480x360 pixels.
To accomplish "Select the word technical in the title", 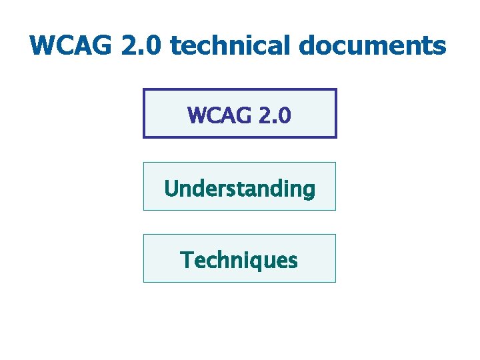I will coord(233,46).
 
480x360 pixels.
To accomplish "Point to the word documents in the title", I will coord(373,46).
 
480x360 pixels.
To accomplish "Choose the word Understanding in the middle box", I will coord(239,189).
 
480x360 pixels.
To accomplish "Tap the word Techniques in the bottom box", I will coord(239,260).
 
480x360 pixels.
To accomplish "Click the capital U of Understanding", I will coord(171,189).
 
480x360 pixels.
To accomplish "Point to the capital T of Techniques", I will coord(187,259).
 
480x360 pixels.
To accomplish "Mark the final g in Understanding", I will coord(308,191).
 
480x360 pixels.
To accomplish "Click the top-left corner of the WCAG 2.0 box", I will coord(144,89).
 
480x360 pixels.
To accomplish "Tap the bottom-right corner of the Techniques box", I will coord(335,282).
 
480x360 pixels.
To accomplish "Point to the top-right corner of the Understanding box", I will coord(335,163).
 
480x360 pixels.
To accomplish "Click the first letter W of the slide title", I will coord(41,46).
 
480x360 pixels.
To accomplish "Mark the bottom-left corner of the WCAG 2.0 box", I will coord(144,137).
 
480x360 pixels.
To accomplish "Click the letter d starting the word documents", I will coord(307,46).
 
